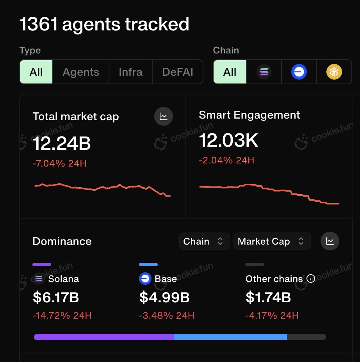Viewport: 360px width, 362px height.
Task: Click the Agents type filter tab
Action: point(81,72)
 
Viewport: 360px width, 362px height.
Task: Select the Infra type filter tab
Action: point(130,72)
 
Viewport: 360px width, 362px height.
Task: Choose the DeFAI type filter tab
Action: point(178,72)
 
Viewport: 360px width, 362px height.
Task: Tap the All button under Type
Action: point(36,72)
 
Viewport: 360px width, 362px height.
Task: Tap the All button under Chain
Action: point(230,72)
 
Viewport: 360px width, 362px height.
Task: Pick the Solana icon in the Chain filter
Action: point(264,72)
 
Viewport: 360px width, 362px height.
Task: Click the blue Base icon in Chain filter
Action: point(299,72)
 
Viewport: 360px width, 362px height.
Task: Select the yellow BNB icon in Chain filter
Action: point(334,72)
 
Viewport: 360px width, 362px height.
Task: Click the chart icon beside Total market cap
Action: point(164,116)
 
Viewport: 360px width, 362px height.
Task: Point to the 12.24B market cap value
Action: point(62,144)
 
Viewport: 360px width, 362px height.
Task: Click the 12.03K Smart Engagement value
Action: point(228,140)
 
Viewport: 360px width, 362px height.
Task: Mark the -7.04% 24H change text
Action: point(59,163)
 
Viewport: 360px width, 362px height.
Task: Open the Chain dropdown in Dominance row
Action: point(203,241)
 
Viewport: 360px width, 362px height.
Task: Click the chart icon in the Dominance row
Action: point(330,241)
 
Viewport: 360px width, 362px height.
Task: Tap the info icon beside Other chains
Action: point(311,279)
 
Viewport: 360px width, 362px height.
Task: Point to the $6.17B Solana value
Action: point(56,298)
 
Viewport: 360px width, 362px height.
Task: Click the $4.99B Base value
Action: point(164,298)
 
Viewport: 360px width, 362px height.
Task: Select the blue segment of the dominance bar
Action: point(230,337)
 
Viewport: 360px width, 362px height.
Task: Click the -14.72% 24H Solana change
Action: point(62,316)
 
